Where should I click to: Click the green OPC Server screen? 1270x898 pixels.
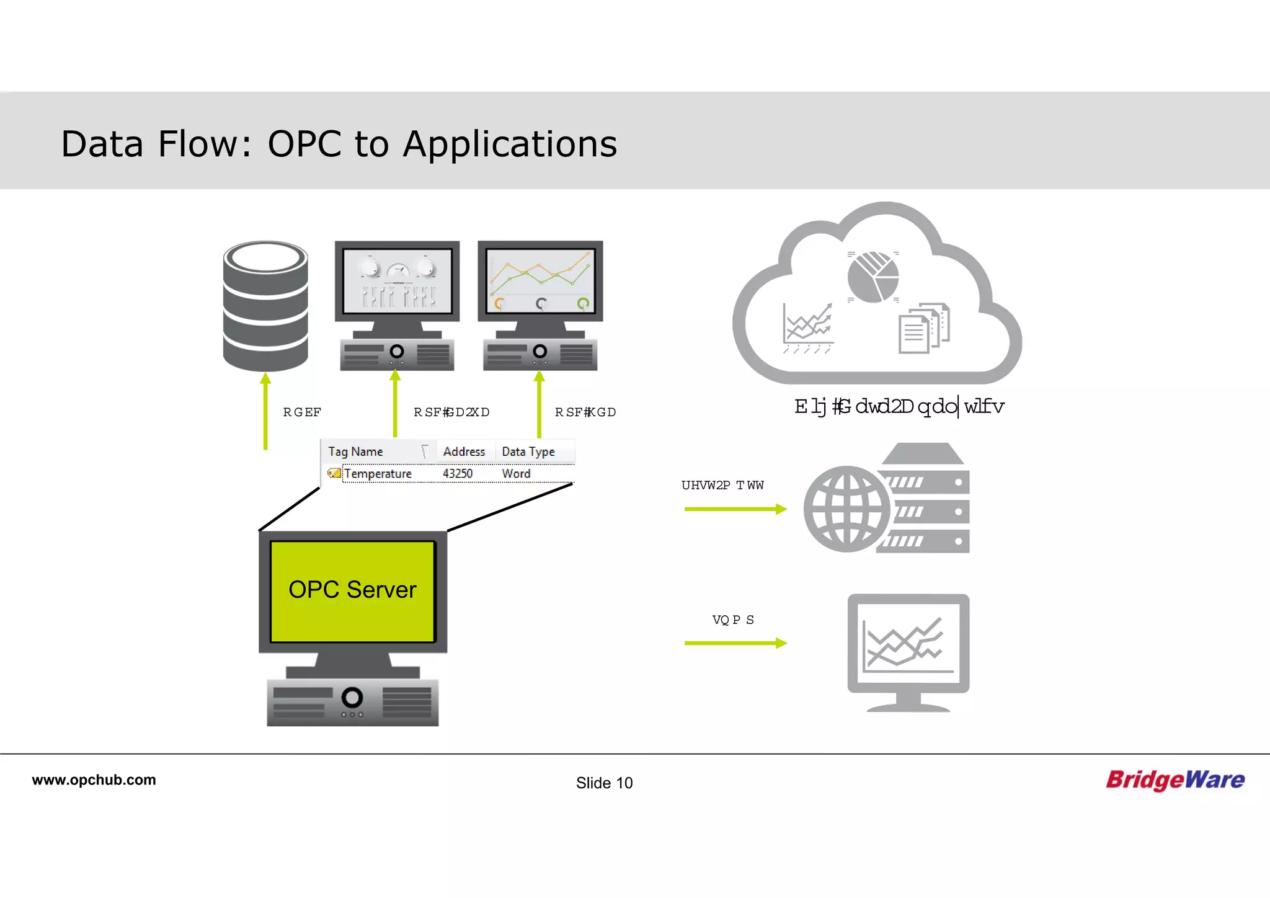(352, 590)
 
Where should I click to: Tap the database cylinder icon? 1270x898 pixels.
(265, 306)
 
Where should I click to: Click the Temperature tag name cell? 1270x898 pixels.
(378, 474)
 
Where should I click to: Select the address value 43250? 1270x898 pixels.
(458, 474)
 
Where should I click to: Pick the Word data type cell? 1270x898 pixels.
(516, 474)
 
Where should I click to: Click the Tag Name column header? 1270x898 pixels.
(355, 451)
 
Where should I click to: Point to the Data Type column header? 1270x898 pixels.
(528, 451)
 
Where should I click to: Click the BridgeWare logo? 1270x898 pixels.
(1175, 780)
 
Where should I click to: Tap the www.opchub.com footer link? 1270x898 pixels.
(94, 780)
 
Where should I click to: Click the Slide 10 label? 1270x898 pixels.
(604, 783)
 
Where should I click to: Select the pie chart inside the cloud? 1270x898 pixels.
(873, 277)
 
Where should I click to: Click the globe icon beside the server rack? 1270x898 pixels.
(846, 509)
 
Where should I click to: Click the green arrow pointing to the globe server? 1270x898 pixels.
(735, 509)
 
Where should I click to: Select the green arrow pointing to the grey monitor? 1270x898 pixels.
(735, 643)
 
